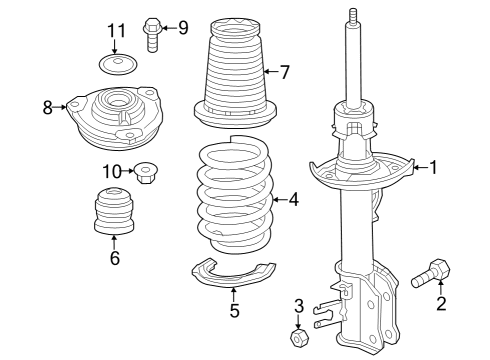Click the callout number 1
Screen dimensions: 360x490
click(434, 168)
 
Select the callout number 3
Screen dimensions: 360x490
click(298, 305)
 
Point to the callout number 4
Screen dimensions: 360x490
click(293, 199)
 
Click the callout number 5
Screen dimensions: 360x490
click(234, 311)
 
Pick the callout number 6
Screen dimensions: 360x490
click(114, 259)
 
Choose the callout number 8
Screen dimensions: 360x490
click(48, 107)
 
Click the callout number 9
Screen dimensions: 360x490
click(182, 26)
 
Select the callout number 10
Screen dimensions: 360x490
click(112, 171)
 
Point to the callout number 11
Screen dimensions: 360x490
click(117, 31)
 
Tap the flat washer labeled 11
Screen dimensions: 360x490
click(118, 67)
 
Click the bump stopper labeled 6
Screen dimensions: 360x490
click(114, 211)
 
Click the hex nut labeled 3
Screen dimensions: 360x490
click(297, 337)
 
